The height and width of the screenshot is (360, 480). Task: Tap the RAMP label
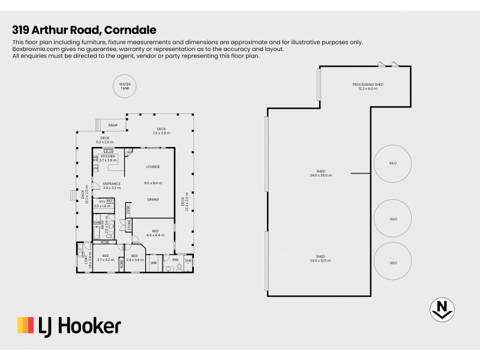click(x=113, y=125)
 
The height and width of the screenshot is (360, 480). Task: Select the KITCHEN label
click(x=107, y=155)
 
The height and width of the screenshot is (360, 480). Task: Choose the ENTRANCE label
click(x=112, y=184)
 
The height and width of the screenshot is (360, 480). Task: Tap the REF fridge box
click(x=110, y=201)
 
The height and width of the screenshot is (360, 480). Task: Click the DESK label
click(x=128, y=209)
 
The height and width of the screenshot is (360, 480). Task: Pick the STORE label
click(x=128, y=226)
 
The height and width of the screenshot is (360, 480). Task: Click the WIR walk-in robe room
click(x=154, y=262)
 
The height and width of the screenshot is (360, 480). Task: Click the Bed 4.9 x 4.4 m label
click(x=155, y=233)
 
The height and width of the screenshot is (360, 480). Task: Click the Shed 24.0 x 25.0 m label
click(x=321, y=173)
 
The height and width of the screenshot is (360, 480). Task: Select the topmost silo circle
click(x=393, y=162)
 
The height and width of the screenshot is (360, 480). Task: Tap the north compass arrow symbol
click(x=442, y=308)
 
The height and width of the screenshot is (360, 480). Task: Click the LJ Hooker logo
click(x=69, y=326)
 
